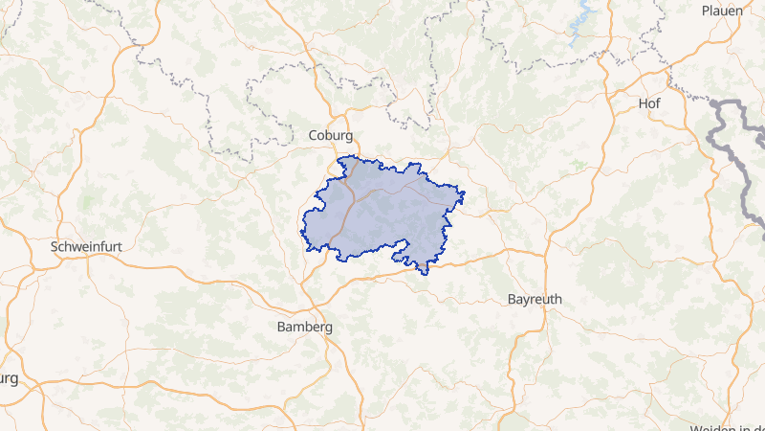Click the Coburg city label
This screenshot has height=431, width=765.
(331, 136)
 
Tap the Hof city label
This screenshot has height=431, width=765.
(649, 102)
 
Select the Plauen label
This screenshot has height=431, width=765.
(722, 11)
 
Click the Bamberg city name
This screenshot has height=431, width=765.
(304, 327)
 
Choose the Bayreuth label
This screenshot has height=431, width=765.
(535, 299)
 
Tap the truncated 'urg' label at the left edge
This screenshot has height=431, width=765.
(9, 378)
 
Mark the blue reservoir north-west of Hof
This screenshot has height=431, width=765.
(580, 26)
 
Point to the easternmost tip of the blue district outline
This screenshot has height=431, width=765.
(465, 197)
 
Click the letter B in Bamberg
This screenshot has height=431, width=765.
(280, 327)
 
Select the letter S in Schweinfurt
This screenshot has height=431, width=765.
(54, 246)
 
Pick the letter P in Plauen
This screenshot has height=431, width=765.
(705, 11)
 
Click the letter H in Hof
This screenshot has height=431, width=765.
(642, 102)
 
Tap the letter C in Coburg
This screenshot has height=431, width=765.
(313, 136)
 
